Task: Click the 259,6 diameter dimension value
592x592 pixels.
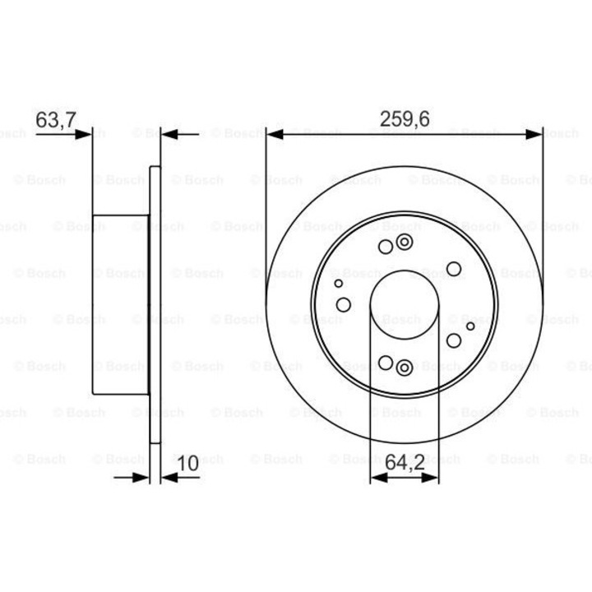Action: [405, 119]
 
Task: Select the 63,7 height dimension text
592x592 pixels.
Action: [56, 119]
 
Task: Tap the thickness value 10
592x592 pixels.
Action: [187, 464]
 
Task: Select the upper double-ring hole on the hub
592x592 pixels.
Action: [404, 242]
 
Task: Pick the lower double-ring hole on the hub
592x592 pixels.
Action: [404, 367]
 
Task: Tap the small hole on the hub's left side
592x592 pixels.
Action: [338, 283]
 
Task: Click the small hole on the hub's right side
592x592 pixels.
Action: [470, 326]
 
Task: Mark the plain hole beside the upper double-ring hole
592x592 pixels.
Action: [386, 246]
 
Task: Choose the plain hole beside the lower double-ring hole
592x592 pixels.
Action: [386, 362]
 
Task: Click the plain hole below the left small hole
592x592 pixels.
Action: [344, 305]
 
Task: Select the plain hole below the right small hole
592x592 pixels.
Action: [453, 340]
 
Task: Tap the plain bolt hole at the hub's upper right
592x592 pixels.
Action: [454, 268]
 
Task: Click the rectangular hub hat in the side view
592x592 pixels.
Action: [121, 304]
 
